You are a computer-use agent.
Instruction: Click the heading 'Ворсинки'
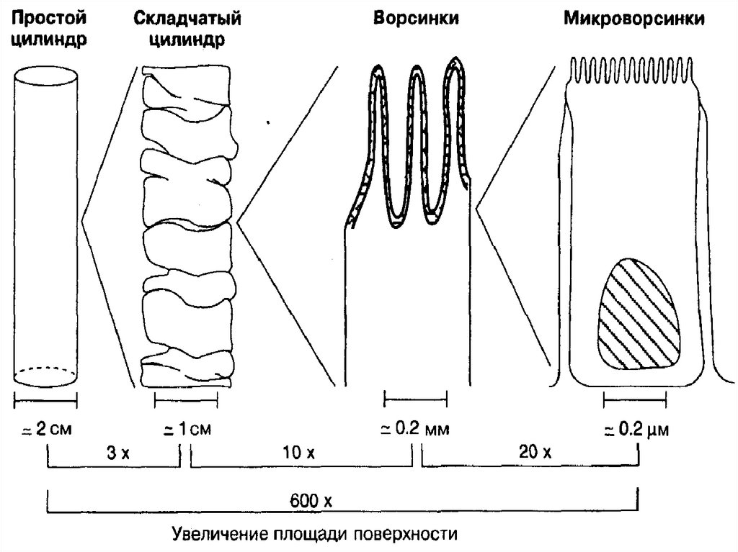(416, 19)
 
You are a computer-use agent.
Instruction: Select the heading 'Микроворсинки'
(633, 19)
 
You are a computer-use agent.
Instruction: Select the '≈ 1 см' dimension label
(186, 430)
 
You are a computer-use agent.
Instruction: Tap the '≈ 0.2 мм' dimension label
(415, 430)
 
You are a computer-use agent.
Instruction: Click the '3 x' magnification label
(115, 453)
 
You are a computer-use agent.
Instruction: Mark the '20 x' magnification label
(534, 453)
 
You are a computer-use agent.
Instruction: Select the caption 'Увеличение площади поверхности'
(315, 535)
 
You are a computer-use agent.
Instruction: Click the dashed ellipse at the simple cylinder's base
(45, 376)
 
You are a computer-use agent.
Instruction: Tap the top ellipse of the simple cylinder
(45, 76)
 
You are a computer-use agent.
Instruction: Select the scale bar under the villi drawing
(415, 398)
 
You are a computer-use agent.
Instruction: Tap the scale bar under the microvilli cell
(634, 398)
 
